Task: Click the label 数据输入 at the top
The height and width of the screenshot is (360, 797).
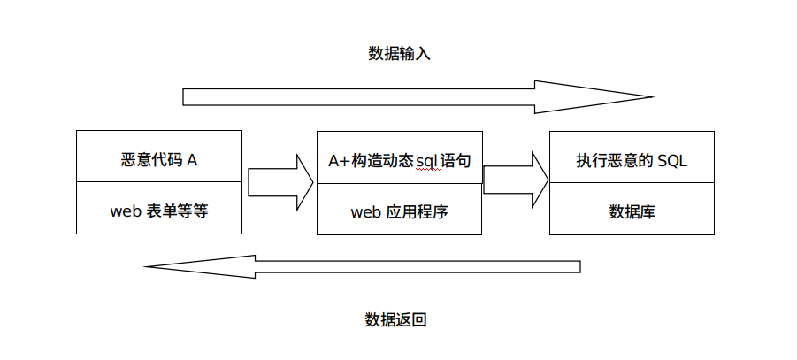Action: click(399, 53)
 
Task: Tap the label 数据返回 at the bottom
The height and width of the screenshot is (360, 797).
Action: click(396, 319)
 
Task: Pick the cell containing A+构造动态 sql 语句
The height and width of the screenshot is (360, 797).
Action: click(399, 160)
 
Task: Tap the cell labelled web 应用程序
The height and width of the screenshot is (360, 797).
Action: click(399, 211)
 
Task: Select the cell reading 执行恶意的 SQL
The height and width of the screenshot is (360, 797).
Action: click(632, 160)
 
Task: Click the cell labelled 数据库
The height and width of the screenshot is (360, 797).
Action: click(632, 211)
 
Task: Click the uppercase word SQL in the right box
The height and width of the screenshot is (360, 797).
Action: click(672, 160)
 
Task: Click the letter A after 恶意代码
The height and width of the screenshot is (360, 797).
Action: click(192, 160)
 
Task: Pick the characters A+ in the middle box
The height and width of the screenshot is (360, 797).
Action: click(337, 160)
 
